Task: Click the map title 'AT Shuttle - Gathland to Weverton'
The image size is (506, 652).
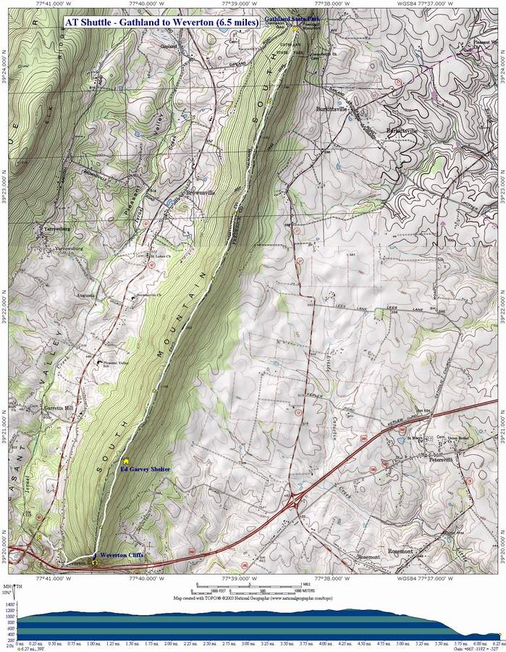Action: point(161,22)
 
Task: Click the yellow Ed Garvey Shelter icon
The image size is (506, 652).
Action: point(126,460)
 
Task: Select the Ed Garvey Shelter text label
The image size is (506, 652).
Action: point(145,469)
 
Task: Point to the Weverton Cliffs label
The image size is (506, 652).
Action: point(122,555)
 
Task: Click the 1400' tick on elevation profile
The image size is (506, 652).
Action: point(9,603)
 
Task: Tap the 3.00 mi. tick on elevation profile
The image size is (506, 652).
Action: point(248,642)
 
